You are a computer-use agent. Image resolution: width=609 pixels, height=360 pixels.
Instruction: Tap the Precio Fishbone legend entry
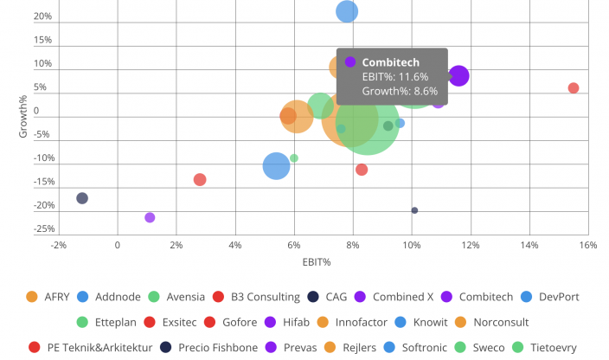pyautogui.click(x=210, y=347)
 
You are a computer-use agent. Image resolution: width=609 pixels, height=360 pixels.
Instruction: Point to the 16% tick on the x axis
pyautogui.click(x=588, y=245)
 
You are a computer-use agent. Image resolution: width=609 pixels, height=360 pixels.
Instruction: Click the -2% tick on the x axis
pyautogui.click(x=59, y=245)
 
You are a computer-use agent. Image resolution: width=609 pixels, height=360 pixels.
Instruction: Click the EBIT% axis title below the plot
pyautogui.click(x=317, y=260)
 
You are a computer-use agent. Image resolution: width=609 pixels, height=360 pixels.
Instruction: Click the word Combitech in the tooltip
pyautogui.click(x=390, y=62)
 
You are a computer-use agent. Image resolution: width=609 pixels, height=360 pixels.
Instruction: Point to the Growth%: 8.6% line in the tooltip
pyautogui.click(x=400, y=90)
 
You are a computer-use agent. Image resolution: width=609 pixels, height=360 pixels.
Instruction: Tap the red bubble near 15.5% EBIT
pyautogui.click(x=574, y=88)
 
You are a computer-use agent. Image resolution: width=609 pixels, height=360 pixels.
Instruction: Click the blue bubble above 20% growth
pyautogui.click(x=347, y=11)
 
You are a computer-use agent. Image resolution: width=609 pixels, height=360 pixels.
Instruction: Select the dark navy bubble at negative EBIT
pyautogui.click(x=82, y=198)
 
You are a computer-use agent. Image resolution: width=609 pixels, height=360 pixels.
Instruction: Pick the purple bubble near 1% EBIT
pyautogui.click(x=150, y=217)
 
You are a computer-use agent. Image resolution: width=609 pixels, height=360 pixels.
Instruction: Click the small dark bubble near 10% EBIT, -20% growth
pyautogui.click(x=414, y=210)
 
